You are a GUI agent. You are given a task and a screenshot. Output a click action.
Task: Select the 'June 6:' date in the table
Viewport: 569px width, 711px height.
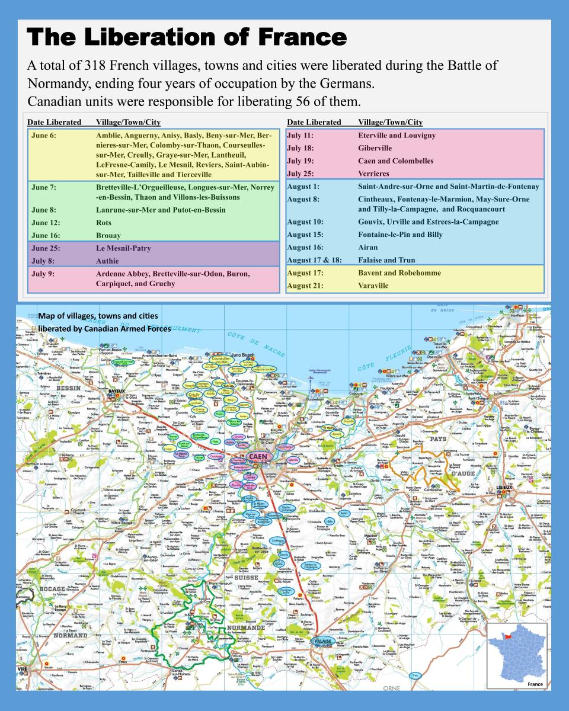(44, 136)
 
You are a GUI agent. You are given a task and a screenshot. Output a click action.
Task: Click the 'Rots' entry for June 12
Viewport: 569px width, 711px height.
(104, 222)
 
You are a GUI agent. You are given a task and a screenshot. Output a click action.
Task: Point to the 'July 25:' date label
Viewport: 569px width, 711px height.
(300, 174)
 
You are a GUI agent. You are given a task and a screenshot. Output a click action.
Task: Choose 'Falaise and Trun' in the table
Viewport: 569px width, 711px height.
(386, 260)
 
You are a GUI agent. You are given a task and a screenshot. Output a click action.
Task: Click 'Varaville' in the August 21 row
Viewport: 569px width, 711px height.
(373, 286)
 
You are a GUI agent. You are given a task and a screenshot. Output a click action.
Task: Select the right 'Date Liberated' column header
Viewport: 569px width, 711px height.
(314, 122)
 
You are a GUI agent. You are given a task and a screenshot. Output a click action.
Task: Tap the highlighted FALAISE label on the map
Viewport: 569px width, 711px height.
(323, 641)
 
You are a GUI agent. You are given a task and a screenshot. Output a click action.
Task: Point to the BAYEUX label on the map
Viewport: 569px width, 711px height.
(116, 392)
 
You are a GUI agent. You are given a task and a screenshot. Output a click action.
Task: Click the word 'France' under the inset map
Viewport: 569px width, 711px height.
(535, 684)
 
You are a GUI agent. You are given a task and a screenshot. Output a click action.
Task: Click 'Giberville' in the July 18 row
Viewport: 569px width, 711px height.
(375, 148)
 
